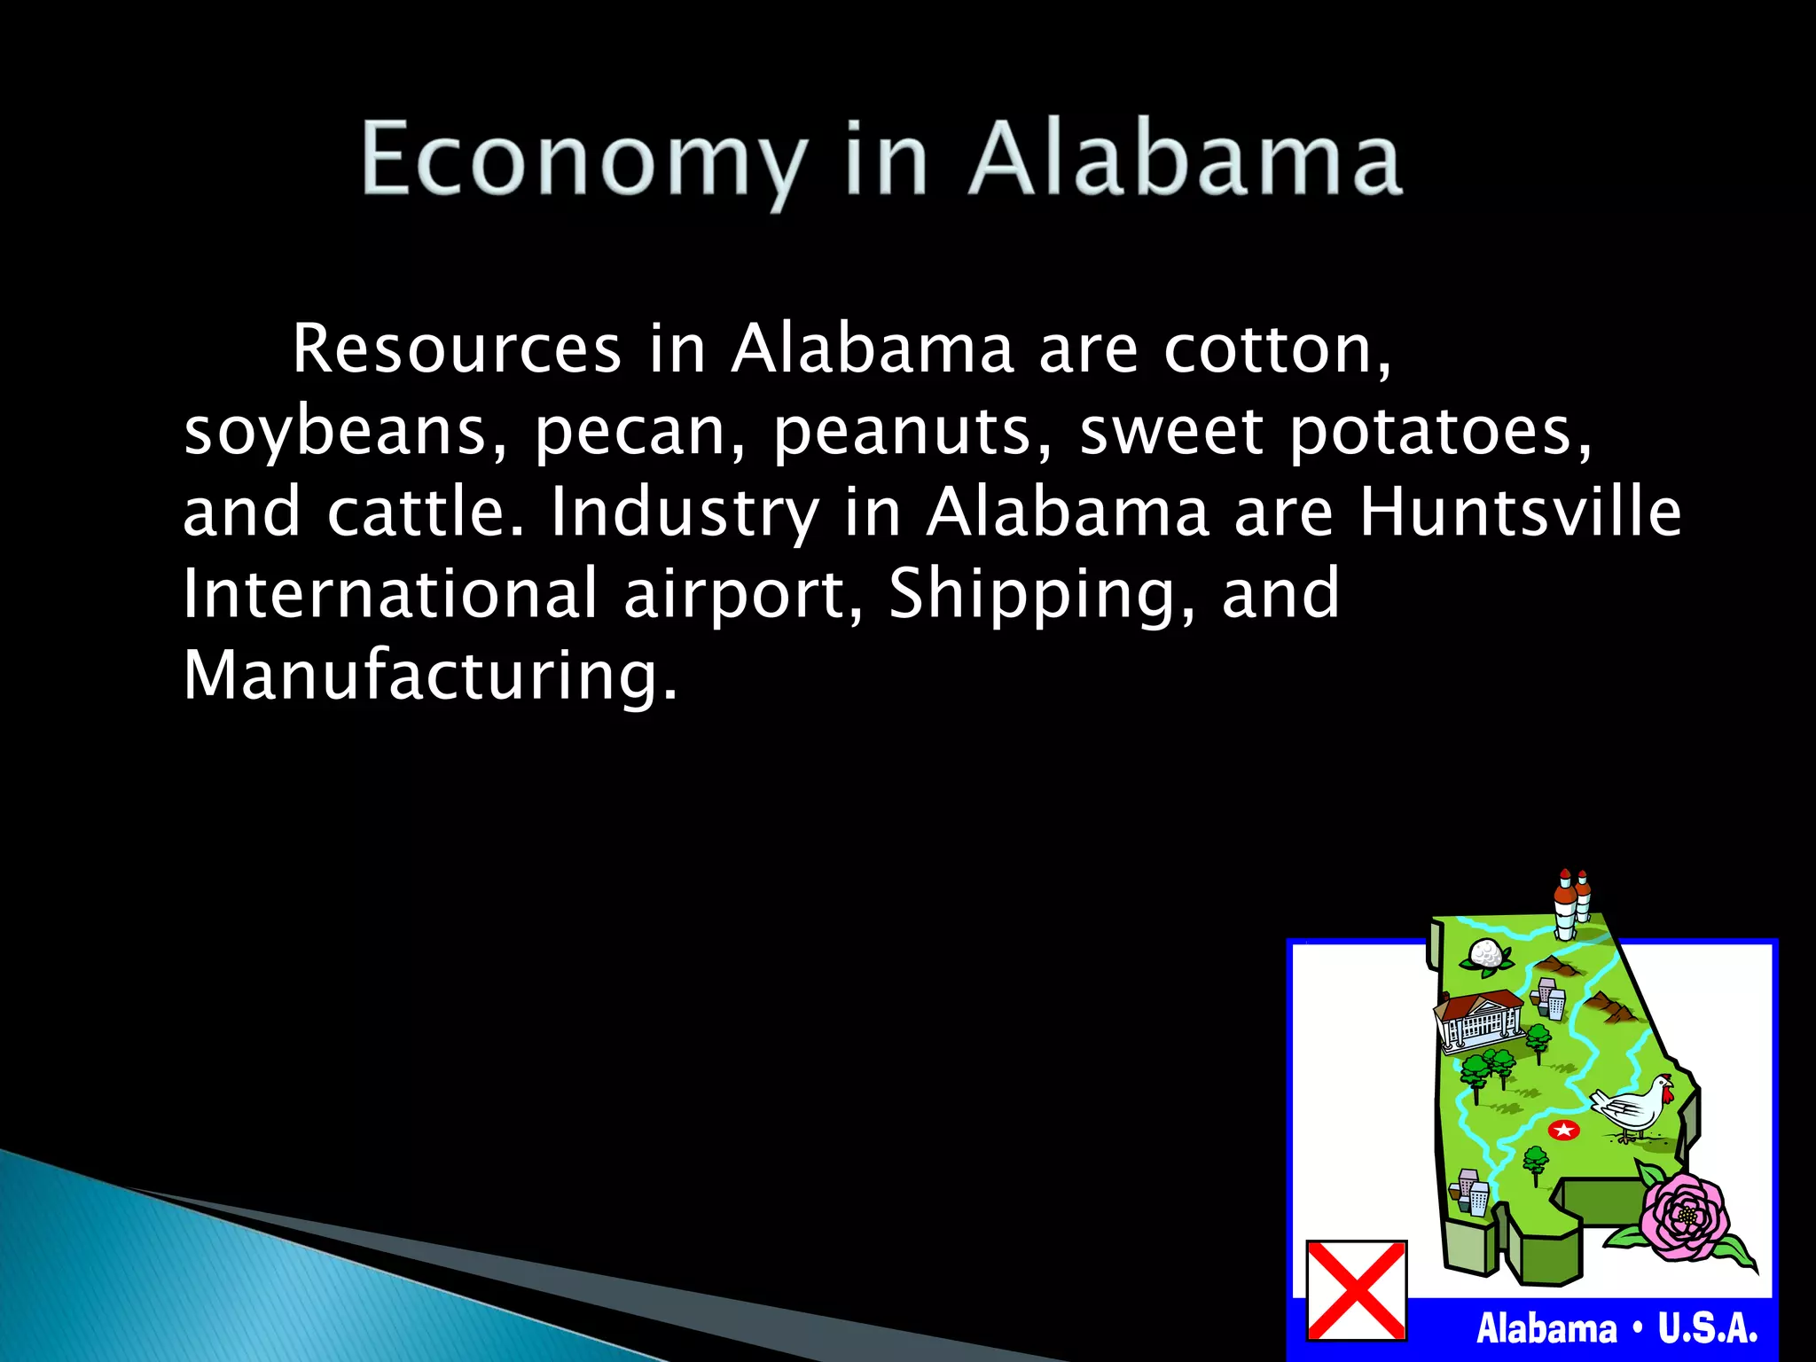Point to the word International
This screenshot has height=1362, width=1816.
pyautogui.click(x=390, y=593)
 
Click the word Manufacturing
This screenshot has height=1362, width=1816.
pyautogui.click(x=430, y=676)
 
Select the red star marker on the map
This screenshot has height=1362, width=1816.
pyautogui.click(x=1563, y=1130)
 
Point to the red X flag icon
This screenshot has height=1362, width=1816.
pyautogui.click(x=1356, y=1290)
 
